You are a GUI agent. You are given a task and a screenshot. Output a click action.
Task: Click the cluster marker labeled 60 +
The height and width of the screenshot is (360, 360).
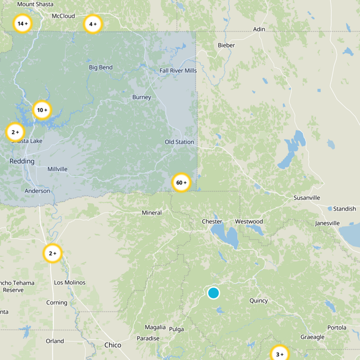point(181,183)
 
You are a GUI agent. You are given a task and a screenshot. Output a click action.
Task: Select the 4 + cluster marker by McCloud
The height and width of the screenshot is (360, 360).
point(93,24)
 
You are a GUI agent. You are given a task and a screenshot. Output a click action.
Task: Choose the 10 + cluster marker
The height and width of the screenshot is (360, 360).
point(42,110)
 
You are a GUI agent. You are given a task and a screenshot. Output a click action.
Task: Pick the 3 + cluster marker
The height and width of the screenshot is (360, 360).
point(279,354)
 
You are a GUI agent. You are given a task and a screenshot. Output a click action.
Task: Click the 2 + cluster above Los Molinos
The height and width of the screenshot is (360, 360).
point(52,253)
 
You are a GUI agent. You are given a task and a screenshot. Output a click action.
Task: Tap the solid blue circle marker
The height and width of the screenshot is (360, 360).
point(213,293)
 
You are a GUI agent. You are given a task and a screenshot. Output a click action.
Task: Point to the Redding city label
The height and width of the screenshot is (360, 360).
point(22,161)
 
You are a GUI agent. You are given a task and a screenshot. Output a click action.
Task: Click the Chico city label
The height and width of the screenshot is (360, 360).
point(112,345)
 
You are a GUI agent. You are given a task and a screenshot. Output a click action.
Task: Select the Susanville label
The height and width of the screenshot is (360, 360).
point(306,198)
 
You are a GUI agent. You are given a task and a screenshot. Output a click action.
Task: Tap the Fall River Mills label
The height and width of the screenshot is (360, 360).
point(178,71)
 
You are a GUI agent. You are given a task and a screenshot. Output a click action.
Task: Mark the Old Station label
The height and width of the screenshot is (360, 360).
point(179,142)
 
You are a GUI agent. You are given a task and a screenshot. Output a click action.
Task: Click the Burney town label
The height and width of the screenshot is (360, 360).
point(142,97)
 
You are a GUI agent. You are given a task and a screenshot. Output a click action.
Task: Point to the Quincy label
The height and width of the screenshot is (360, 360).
point(258,301)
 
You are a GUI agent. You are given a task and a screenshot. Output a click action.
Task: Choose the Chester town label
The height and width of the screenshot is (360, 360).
point(212,221)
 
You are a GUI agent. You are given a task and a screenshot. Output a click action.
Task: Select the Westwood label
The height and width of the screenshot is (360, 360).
point(249,221)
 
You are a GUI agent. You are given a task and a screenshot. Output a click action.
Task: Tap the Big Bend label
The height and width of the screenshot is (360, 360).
point(101,67)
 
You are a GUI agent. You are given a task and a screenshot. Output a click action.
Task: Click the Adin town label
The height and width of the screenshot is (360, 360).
point(259,29)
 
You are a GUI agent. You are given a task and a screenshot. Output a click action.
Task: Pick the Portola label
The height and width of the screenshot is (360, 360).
point(337,328)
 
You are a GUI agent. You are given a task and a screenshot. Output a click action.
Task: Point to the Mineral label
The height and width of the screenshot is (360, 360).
point(152,212)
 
